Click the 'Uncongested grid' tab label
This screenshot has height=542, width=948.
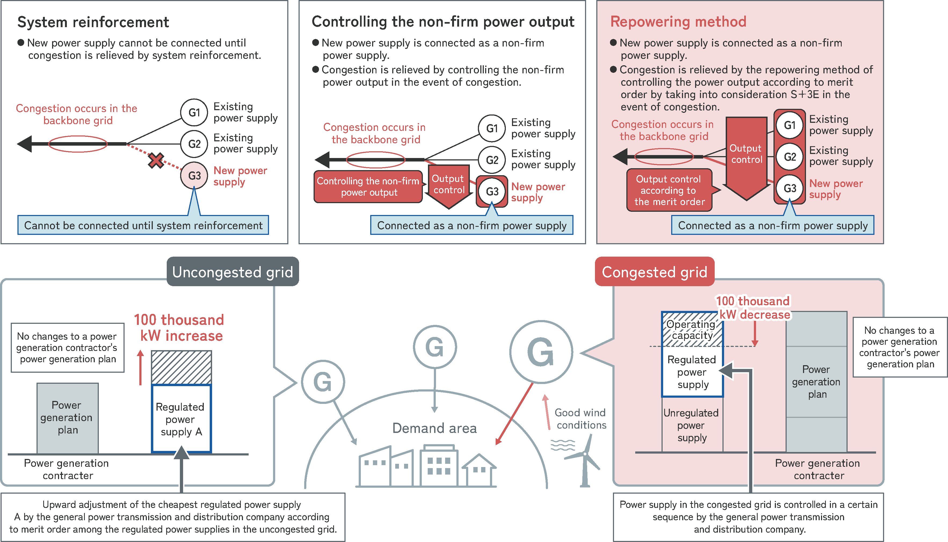(x=233, y=272)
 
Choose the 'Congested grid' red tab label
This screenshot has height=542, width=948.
(x=654, y=272)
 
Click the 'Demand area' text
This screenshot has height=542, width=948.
(x=434, y=428)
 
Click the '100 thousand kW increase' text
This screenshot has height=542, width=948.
(x=179, y=328)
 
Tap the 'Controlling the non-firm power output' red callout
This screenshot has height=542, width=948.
(x=368, y=187)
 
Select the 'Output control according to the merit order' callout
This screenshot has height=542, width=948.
(x=669, y=190)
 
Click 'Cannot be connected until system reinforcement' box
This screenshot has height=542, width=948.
(x=143, y=225)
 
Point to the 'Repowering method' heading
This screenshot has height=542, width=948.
(x=678, y=21)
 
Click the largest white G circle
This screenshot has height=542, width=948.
(x=541, y=352)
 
